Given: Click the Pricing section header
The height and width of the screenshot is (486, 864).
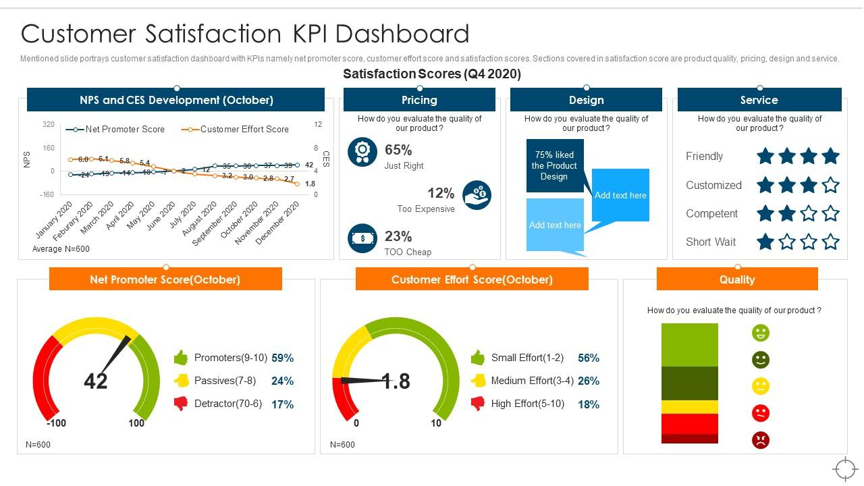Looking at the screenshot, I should [x=419, y=100].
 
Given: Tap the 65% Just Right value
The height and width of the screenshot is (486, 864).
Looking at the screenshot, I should [x=398, y=150].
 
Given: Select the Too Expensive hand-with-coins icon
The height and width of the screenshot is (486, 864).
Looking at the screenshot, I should [x=477, y=195].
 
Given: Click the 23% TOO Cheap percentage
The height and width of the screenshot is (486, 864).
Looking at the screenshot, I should [x=398, y=236].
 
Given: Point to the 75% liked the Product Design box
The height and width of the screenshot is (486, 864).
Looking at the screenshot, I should [x=554, y=166].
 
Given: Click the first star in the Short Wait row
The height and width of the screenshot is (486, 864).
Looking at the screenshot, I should [x=765, y=242].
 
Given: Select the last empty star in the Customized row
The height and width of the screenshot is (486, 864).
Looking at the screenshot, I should [x=831, y=185].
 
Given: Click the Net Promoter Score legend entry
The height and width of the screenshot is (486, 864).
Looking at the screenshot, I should [x=124, y=129].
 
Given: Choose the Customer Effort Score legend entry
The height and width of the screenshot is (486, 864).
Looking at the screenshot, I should [x=244, y=129].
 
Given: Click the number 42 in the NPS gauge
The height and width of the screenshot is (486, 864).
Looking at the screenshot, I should [x=95, y=381].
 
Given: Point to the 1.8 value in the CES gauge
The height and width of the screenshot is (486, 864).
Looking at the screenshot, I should [x=396, y=381].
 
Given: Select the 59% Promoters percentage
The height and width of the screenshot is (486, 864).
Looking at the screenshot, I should [x=282, y=358].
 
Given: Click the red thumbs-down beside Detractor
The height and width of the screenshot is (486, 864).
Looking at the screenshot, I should [x=180, y=404].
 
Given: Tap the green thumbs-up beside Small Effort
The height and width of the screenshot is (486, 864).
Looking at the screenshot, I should [x=477, y=358].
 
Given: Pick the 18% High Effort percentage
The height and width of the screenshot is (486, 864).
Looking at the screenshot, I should [x=589, y=404].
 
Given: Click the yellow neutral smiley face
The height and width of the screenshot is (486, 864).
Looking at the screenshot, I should [x=761, y=386].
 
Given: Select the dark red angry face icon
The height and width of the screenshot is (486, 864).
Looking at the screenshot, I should [x=761, y=440].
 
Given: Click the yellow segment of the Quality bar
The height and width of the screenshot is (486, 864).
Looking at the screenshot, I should [x=689, y=407].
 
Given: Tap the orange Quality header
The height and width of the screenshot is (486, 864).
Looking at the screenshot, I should [x=736, y=279].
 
